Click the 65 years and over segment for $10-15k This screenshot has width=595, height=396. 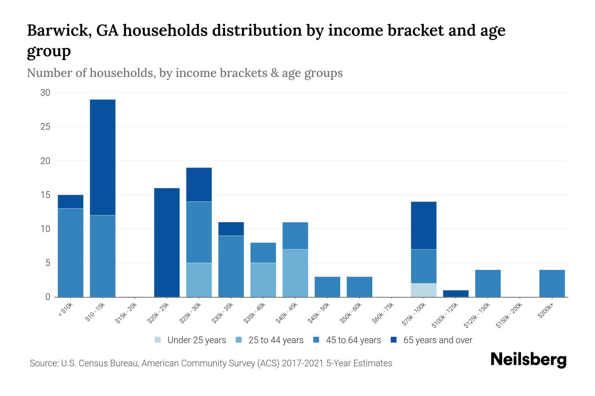point(102,157)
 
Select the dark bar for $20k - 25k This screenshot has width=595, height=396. point(167,243)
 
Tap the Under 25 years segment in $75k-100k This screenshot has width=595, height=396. point(423,290)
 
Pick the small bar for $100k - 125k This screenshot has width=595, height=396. point(456,293)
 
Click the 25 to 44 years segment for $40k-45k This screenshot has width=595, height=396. point(295,273)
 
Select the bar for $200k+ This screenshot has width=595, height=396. point(552,283)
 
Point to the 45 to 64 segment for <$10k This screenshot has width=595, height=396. point(70,252)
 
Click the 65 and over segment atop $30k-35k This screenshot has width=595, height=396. point(231,229)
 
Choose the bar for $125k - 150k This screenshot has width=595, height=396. point(488,283)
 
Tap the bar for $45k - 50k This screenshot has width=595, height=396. point(327,287)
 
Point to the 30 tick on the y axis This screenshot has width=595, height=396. point(45,93)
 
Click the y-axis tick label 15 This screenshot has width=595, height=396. point(45,195)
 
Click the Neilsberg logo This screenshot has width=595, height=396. point(528,360)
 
